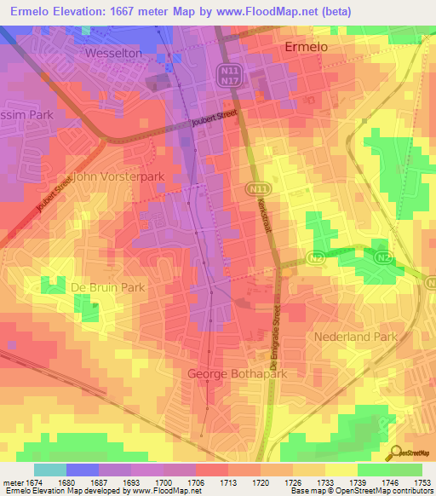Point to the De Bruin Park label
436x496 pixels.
[107, 288]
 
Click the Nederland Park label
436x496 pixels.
[356, 337]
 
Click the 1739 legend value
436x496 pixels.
[341, 482]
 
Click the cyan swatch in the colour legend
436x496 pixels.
[50, 470]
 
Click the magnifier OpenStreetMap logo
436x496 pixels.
[395, 453]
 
